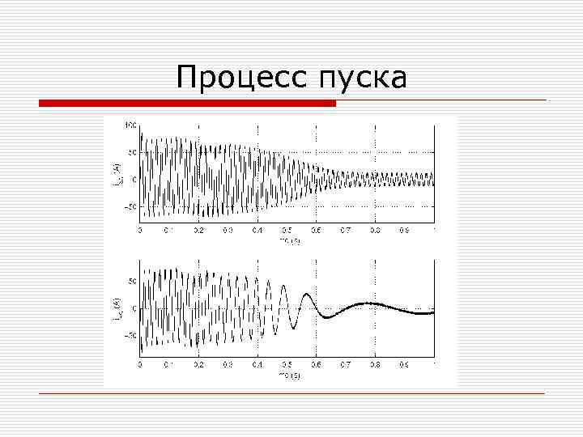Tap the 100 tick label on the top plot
(130, 125)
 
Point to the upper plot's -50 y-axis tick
(130, 207)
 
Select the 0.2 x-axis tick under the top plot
(198, 230)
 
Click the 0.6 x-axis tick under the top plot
(316, 230)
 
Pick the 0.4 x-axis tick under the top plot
(257, 230)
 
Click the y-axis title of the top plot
(115, 173)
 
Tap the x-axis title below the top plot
(289, 240)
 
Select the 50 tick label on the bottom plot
(132, 281)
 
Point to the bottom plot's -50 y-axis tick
(130, 336)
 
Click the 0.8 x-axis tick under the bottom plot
(375, 364)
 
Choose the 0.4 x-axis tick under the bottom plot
(257, 364)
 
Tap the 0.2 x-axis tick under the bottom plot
(198, 364)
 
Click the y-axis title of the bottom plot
(115, 308)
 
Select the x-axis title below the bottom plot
(289, 375)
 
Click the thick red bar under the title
(188, 103)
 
